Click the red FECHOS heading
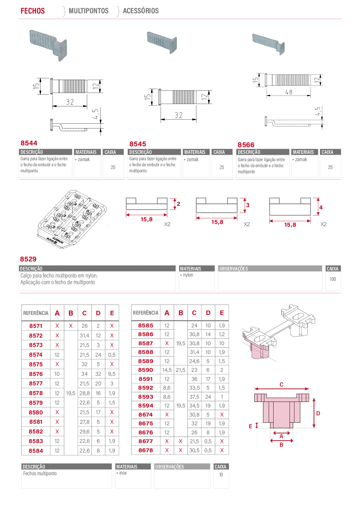[33, 11]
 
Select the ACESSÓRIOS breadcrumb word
[141, 11]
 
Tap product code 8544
[29, 143]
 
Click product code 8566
[246, 145]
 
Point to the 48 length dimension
[289, 92]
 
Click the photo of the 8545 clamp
[162, 42]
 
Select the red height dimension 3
[248, 205]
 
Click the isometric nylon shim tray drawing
[72, 219]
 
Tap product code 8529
[28, 259]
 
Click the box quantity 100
[333, 279]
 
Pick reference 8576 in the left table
[36, 374]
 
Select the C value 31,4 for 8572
[84, 336]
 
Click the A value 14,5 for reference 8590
[167, 370]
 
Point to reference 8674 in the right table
[146, 415]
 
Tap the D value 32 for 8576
[98, 374]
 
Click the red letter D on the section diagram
[318, 413]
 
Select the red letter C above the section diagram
[281, 384]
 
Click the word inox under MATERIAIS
[123, 473]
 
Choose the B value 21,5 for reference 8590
[180, 370]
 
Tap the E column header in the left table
[112, 313]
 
